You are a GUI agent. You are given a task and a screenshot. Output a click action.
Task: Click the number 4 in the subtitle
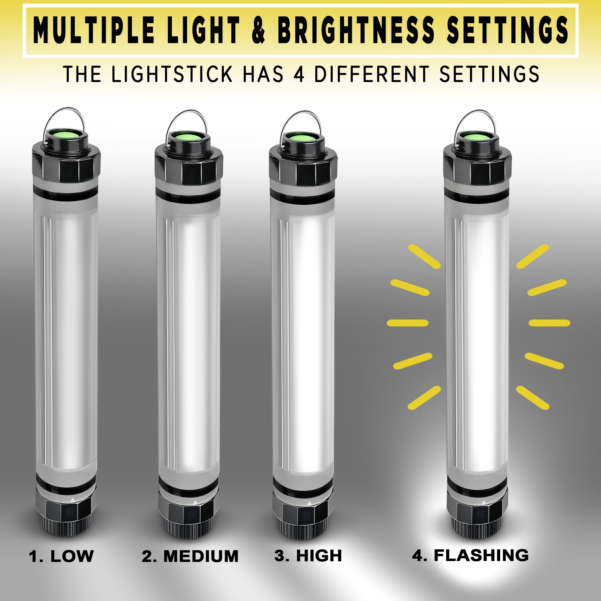(x=299, y=74)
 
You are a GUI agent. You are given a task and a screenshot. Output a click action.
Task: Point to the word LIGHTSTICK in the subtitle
(x=172, y=74)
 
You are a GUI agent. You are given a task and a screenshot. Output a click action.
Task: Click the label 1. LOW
(x=61, y=556)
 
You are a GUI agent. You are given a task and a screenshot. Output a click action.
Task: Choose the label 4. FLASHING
(x=470, y=555)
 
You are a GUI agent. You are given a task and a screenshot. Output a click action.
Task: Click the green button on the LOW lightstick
(x=66, y=136)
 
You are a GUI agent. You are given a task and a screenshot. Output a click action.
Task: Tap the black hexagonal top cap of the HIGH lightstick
(x=303, y=168)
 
